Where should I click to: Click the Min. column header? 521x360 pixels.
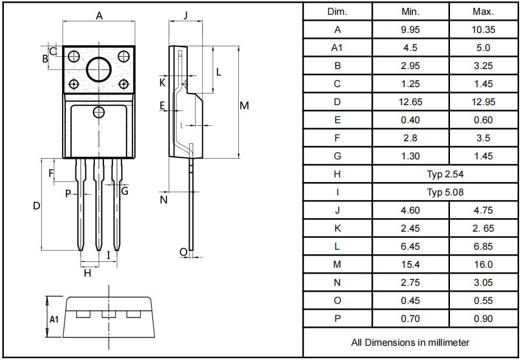click(410, 12)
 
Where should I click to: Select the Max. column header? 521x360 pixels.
click(483, 12)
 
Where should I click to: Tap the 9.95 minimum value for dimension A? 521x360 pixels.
click(410, 30)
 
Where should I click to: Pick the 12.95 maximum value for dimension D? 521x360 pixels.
click(483, 102)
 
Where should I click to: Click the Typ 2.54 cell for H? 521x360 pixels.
click(445, 174)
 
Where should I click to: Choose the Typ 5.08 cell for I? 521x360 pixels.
click(445, 192)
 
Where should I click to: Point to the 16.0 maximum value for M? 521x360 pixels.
click(483, 265)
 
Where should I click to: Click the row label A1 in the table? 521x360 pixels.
click(338, 48)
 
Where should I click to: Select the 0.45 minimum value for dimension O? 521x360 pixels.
click(410, 301)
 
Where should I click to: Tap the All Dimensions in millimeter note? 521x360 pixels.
click(410, 343)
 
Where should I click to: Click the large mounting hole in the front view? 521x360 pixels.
click(99, 69)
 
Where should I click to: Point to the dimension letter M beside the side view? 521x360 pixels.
click(244, 106)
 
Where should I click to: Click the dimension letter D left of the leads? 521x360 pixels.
click(37, 206)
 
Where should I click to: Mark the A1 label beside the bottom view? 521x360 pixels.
click(55, 319)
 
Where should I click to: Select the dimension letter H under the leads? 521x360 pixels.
click(88, 273)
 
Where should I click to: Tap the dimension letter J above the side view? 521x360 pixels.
click(185, 15)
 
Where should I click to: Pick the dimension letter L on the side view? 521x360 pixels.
click(219, 72)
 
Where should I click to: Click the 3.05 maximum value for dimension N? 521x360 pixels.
click(483, 283)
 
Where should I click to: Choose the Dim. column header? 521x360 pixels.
click(338, 12)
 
